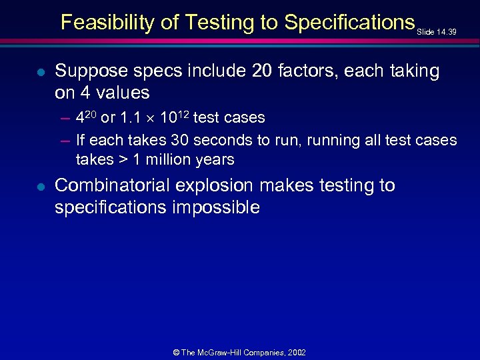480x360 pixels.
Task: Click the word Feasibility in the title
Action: [100, 23]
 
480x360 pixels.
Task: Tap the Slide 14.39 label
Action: [437, 31]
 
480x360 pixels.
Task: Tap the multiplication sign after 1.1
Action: [150, 119]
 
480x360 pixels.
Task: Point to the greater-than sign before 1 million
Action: [123, 160]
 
